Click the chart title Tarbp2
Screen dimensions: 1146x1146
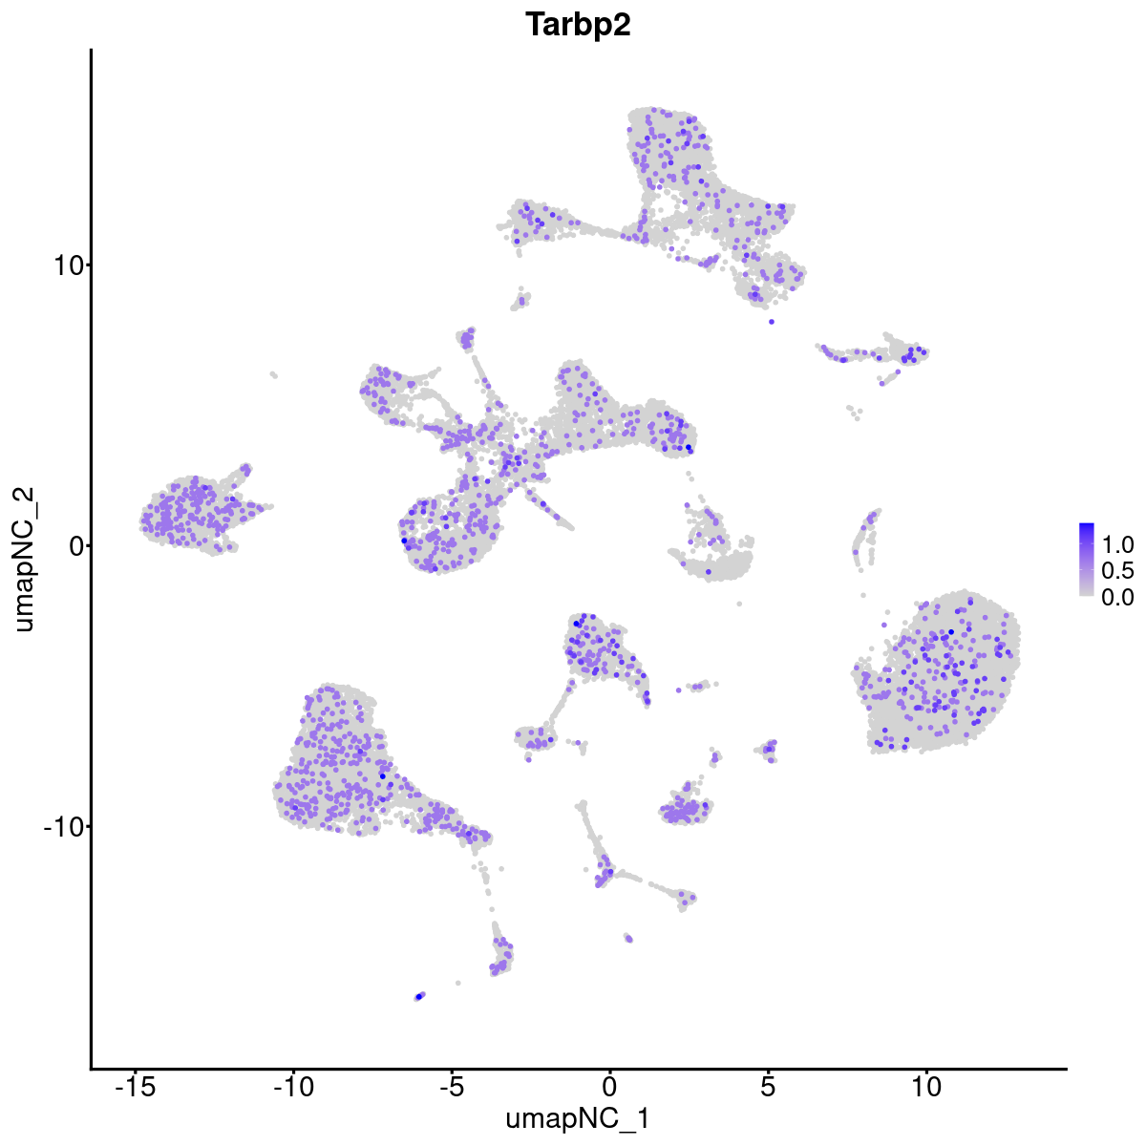tap(578, 26)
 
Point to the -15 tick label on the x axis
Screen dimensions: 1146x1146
tap(135, 1086)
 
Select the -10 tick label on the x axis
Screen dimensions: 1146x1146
tap(293, 1086)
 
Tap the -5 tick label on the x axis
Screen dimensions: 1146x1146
tap(451, 1086)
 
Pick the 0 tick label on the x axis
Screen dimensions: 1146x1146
tap(609, 1086)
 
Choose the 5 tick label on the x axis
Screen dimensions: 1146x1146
tap(768, 1086)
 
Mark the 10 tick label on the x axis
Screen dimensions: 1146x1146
tap(925, 1086)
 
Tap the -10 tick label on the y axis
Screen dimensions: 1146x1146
tap(60, 826)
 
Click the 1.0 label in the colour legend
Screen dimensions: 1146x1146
tap(1117, 545)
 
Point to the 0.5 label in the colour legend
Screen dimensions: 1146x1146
tap(1117, 571)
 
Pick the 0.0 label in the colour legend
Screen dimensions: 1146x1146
tap(1117, 597)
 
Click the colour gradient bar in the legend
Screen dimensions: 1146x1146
tap(1087, 560)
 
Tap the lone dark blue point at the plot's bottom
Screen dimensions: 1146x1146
tap(419, 996)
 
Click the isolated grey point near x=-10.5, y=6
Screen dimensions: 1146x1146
tap(273, 374)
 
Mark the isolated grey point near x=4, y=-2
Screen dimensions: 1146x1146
tap(738, 604)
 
